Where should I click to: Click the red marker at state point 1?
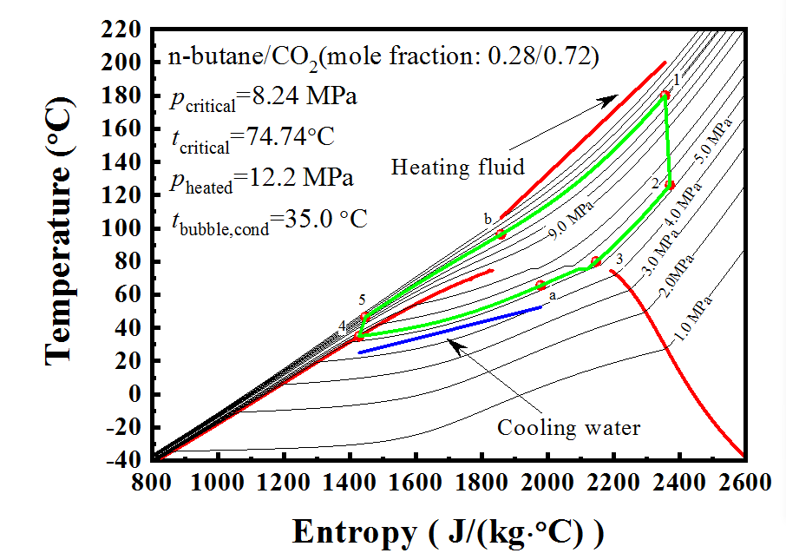[x=665, y=95]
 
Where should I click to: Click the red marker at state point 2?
[x=669, y=184]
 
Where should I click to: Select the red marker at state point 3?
[x=596, y=261]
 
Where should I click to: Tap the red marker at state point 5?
[x=365, y=317]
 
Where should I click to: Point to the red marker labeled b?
[x=501, y=234]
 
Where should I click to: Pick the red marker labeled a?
[x=540, y=285]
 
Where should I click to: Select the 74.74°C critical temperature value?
[x=285, y=136]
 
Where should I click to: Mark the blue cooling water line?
[x=449, y=329]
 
